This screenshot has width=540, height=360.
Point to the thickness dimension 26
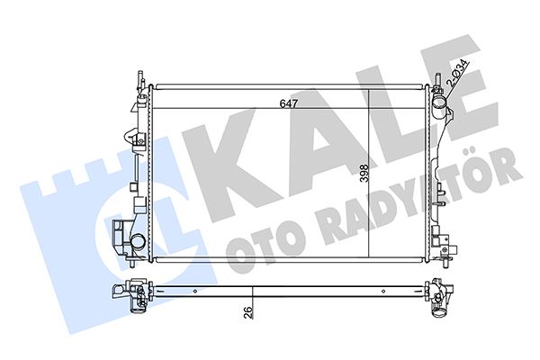(x=247, y=312)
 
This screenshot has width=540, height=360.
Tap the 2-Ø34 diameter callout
(x=456, y=73)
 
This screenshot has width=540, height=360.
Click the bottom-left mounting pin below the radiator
(x=134, y=269)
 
